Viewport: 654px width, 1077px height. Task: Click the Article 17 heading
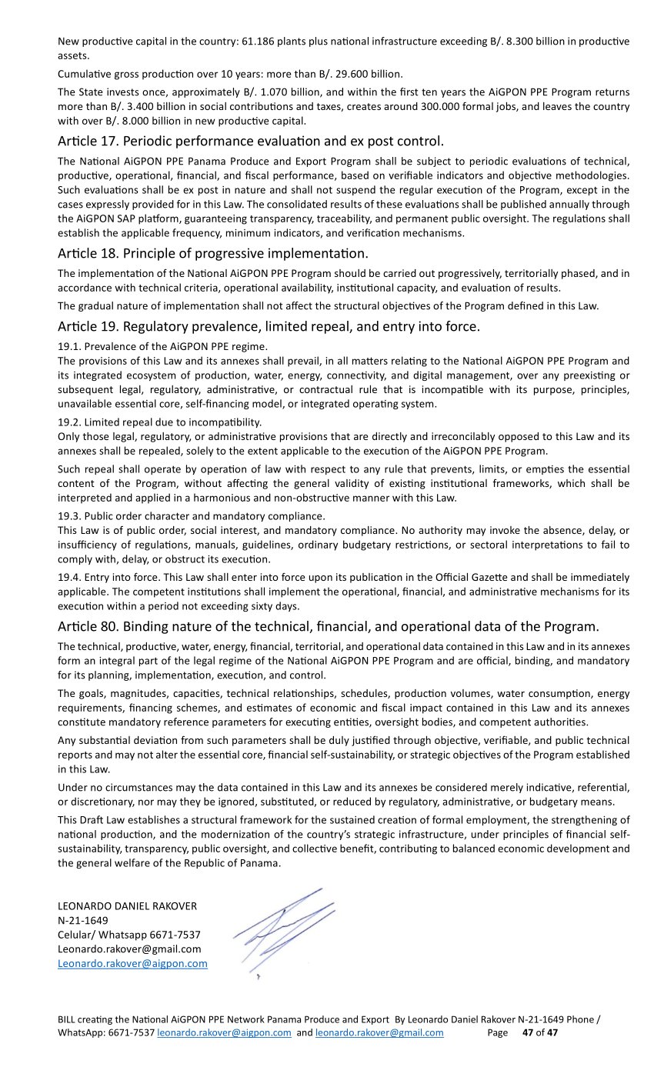[251, 142]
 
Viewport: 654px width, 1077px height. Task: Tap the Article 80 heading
[328, 626]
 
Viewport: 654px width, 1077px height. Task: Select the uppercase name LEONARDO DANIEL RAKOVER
[127, 905]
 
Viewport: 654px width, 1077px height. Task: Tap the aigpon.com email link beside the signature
[132, 963]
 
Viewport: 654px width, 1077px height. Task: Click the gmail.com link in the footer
[379, 1032]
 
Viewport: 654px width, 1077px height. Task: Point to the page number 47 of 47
[539, 1032]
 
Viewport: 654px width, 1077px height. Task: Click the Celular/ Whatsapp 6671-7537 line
[129, 935]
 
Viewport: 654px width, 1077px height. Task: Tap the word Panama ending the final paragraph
[261, 863]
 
